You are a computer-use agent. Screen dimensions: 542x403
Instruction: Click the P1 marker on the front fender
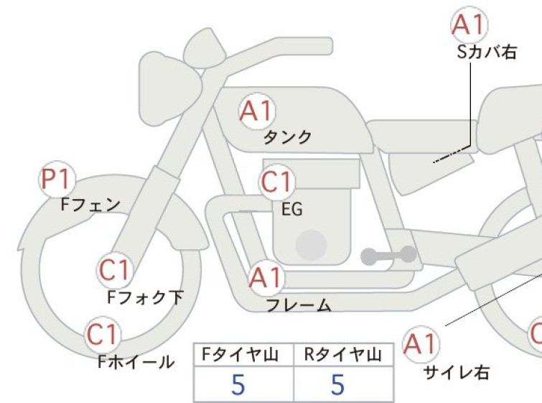[57, 180]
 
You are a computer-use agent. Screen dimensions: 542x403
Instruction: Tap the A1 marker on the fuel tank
[257, 111]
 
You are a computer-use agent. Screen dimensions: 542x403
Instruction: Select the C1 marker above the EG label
[277, 182]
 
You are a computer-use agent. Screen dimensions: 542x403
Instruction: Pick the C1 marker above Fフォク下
[115, 270]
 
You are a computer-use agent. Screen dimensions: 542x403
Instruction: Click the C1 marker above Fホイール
[103, 334]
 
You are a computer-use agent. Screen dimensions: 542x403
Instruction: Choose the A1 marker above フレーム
[266, 278]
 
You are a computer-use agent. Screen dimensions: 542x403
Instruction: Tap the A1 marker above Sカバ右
[469, 24]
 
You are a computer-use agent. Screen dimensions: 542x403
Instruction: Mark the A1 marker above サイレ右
[421, 344]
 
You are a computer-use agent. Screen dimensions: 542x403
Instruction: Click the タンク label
[288, 137]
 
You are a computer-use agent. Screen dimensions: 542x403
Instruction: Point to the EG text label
[292, 209]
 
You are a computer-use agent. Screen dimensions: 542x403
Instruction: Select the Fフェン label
[90, 205]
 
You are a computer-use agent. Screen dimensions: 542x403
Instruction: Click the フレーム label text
[299, 305]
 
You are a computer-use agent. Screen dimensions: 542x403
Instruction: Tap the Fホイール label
[136, 362]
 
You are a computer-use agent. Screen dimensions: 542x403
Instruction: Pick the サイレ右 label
[457, 372]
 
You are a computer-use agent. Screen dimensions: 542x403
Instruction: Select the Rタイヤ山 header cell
[343, 355]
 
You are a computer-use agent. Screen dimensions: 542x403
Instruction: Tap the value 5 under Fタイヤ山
[238, 384]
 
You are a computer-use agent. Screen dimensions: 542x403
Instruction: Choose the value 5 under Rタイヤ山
[338, 384]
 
